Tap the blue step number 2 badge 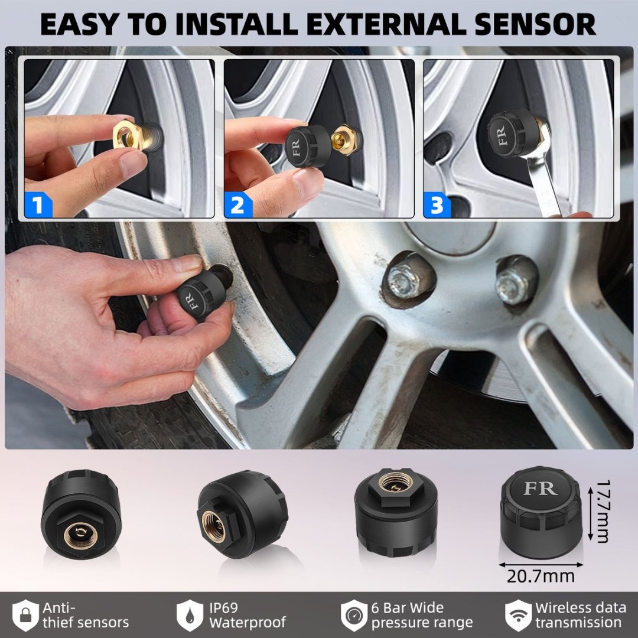click(237, 206)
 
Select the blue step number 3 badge click(437, 206)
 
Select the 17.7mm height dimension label click(601, 512)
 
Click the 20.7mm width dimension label click(541, 576)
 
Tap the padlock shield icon click(25, 615)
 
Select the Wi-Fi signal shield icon click(517, 615)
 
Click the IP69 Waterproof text click(247, 615)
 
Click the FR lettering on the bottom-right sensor click(540, 488)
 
